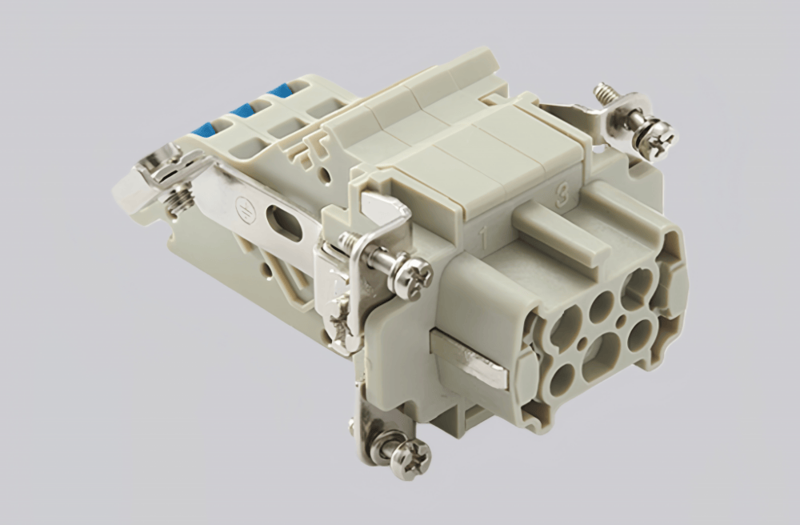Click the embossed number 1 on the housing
pyautogui.click(x=483, y=237)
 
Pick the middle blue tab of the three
pyautogui.click(x=241, y=110)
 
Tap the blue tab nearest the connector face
pyautogui.click(x=282, y=90)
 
